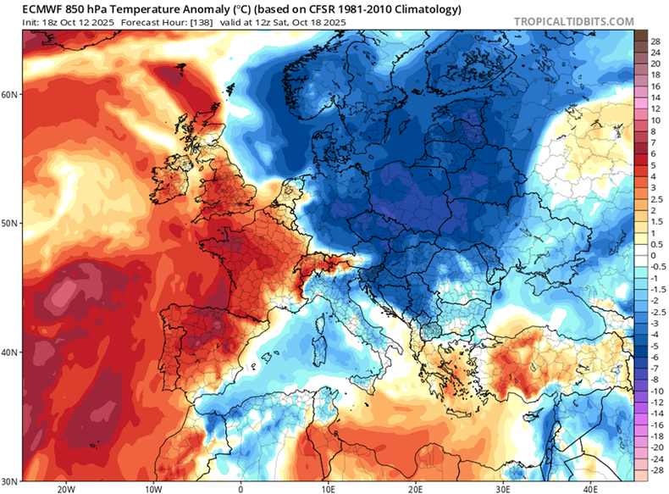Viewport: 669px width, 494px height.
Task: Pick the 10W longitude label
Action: click(x=153, y=488)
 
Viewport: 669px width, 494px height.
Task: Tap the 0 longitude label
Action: click(x=241, y=488)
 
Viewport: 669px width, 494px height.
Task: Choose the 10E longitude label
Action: click(x=328, y=488)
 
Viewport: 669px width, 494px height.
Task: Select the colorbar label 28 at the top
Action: click(x=655, y=41)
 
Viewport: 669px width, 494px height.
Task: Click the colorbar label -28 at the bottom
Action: click(x=655, y=468)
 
